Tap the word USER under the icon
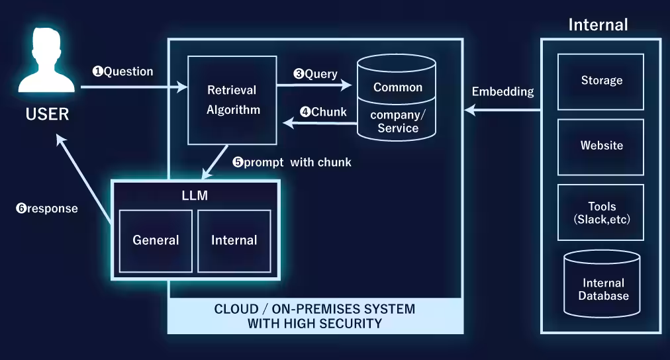(x=47, y=114)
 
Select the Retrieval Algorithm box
(x=232, y=100)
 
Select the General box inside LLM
(x=156, y=240)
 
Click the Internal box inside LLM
(x=234, y=240)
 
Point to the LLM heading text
(x=195, y=195)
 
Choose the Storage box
(x=601, y=81)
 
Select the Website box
(x=601, y=146)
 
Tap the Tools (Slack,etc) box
(x=601, y=212)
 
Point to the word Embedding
(x=502, y=92)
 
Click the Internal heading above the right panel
(x=598, y=25)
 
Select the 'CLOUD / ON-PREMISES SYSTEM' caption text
(x=314, y=309)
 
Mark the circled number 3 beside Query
(x=298, y=75)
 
